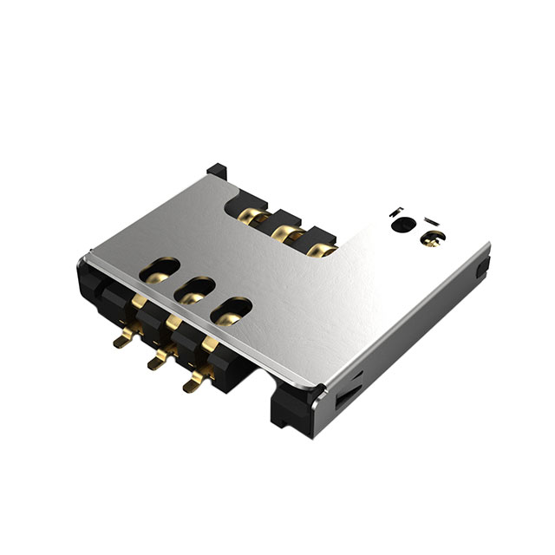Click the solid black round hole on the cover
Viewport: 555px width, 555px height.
(x=402, y=225)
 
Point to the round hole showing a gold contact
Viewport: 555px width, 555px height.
(x=428, y=238)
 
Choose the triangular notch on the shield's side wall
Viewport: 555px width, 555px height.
(x=345, y=395)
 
